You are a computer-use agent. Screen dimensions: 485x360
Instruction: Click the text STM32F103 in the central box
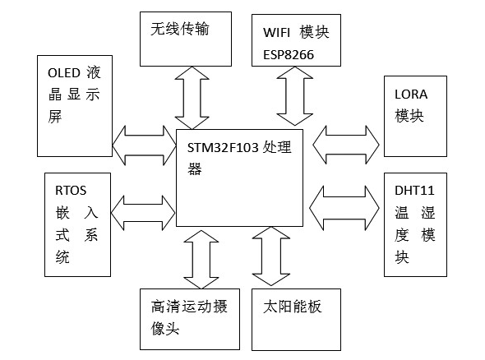point(223,147)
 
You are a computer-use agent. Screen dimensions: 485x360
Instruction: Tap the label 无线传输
point(180,29)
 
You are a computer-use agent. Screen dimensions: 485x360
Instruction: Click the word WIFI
point(276,33)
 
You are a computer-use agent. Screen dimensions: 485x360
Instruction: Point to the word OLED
point(64,73)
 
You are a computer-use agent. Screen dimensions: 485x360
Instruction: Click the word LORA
point(411,95)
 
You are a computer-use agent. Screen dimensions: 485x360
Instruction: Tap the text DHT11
point(414,191)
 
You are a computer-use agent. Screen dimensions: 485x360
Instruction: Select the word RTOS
point(71,191)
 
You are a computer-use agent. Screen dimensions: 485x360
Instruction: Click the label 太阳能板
point(293,307)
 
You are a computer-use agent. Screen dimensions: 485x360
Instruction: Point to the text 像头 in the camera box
point(165,329)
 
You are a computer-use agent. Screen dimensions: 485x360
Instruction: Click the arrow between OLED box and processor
point(144,145)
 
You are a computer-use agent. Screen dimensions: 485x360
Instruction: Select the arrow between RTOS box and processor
point(143,213)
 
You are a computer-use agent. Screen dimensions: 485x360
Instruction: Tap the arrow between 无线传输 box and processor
point(192,98)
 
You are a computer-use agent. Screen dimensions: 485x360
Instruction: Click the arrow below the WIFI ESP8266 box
point(295,96)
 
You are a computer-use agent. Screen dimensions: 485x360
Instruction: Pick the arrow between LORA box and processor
point(346,145)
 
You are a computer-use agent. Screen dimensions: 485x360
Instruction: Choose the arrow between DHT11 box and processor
point(344,208)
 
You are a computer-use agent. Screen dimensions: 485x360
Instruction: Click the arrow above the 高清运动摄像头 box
point(201,260)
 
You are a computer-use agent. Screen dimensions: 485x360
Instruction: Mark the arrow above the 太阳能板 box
point(271,256)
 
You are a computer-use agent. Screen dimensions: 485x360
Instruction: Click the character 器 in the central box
point(195,169)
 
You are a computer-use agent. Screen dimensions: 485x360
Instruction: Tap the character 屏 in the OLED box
point(55,117)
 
